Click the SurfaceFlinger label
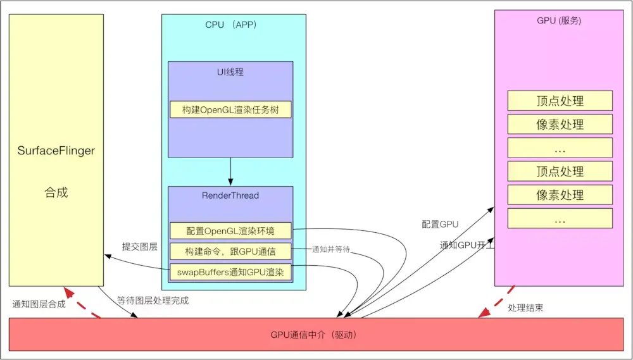(56, 151)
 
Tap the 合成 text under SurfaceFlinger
(56, 192)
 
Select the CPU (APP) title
(231, 25)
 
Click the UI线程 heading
(230, 72)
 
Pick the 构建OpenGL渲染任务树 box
(230, 109)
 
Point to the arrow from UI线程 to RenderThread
(230, 171)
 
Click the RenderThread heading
(230, 196)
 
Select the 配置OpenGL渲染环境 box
(230, 230)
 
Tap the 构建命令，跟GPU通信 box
(230, 251)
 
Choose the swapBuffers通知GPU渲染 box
(230, 272)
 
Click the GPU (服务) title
(559, 21)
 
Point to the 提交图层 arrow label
(140, 247)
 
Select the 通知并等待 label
(330, 249)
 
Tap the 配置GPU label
(440, 225)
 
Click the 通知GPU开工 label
(467, 245)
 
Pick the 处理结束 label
(525, 307)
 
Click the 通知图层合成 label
(39, 304)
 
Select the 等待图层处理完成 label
(153, 301)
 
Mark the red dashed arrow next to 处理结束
(496, 302)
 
